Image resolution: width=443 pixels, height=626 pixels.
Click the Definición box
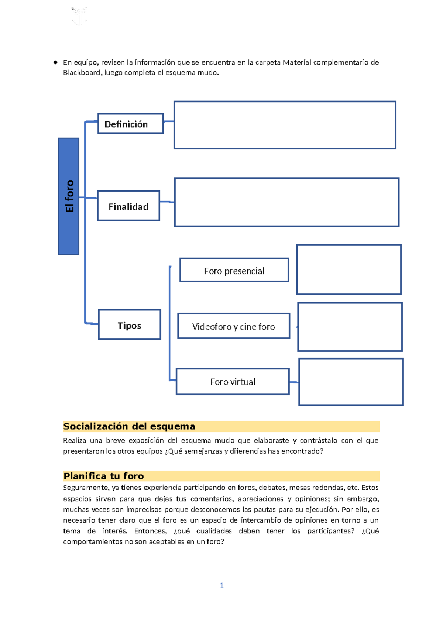pos(130,124)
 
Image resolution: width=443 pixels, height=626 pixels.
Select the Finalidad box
pos(128,206)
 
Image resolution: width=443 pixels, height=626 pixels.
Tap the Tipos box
pos(130,325)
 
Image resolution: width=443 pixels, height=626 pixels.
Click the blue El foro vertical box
pos(69,196)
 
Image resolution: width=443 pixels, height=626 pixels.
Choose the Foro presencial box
pos(234,270)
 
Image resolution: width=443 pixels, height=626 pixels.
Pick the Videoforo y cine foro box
pos(234,326)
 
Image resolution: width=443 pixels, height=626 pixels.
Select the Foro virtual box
pos(233,382)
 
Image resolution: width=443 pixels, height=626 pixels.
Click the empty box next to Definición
pos(285,125)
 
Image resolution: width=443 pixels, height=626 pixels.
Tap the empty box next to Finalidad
pos(286,202)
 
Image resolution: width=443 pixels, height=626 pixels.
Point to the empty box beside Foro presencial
pos(349,270)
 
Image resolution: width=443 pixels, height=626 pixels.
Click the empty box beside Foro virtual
pos(351,382)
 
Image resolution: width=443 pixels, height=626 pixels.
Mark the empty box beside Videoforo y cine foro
pos(350,327)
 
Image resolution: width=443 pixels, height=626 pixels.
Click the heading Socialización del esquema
pos(129,427)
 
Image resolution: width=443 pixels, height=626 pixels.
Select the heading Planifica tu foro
pos(104,476)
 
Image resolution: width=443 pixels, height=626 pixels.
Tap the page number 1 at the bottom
pos(221,585)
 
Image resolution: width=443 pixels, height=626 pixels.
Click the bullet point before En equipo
pos(55,62)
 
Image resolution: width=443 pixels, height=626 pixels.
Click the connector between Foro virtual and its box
pos(294,382)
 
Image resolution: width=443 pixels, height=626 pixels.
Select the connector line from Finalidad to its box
pos(167,202)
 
